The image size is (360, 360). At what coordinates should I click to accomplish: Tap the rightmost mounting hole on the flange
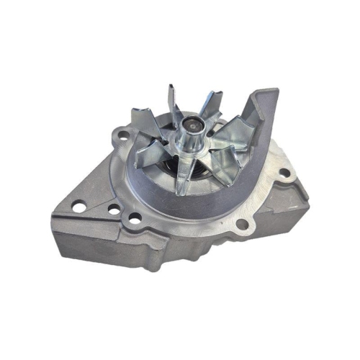(284, 173)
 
